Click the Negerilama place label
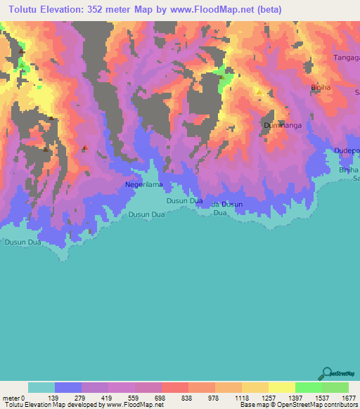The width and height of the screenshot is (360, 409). (144, 185)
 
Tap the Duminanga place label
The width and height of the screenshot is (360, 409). (283, 126)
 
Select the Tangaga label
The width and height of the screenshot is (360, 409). (346, 58)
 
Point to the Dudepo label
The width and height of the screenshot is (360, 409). (347, 150)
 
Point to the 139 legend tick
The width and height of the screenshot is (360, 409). (55, 397)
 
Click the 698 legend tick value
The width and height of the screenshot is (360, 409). (162, 397)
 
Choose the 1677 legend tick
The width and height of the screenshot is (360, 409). (348, 397)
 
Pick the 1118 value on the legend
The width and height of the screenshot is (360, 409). (242, 397)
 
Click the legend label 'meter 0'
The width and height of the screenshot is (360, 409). (15, 397)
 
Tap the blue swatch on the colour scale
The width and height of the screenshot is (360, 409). (68, 387)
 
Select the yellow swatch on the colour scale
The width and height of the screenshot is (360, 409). (282, 387)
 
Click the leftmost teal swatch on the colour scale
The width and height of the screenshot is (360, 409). (41, 387)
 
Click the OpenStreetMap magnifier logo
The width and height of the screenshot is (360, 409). (325, 372)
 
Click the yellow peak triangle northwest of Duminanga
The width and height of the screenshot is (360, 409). (259, 91)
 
